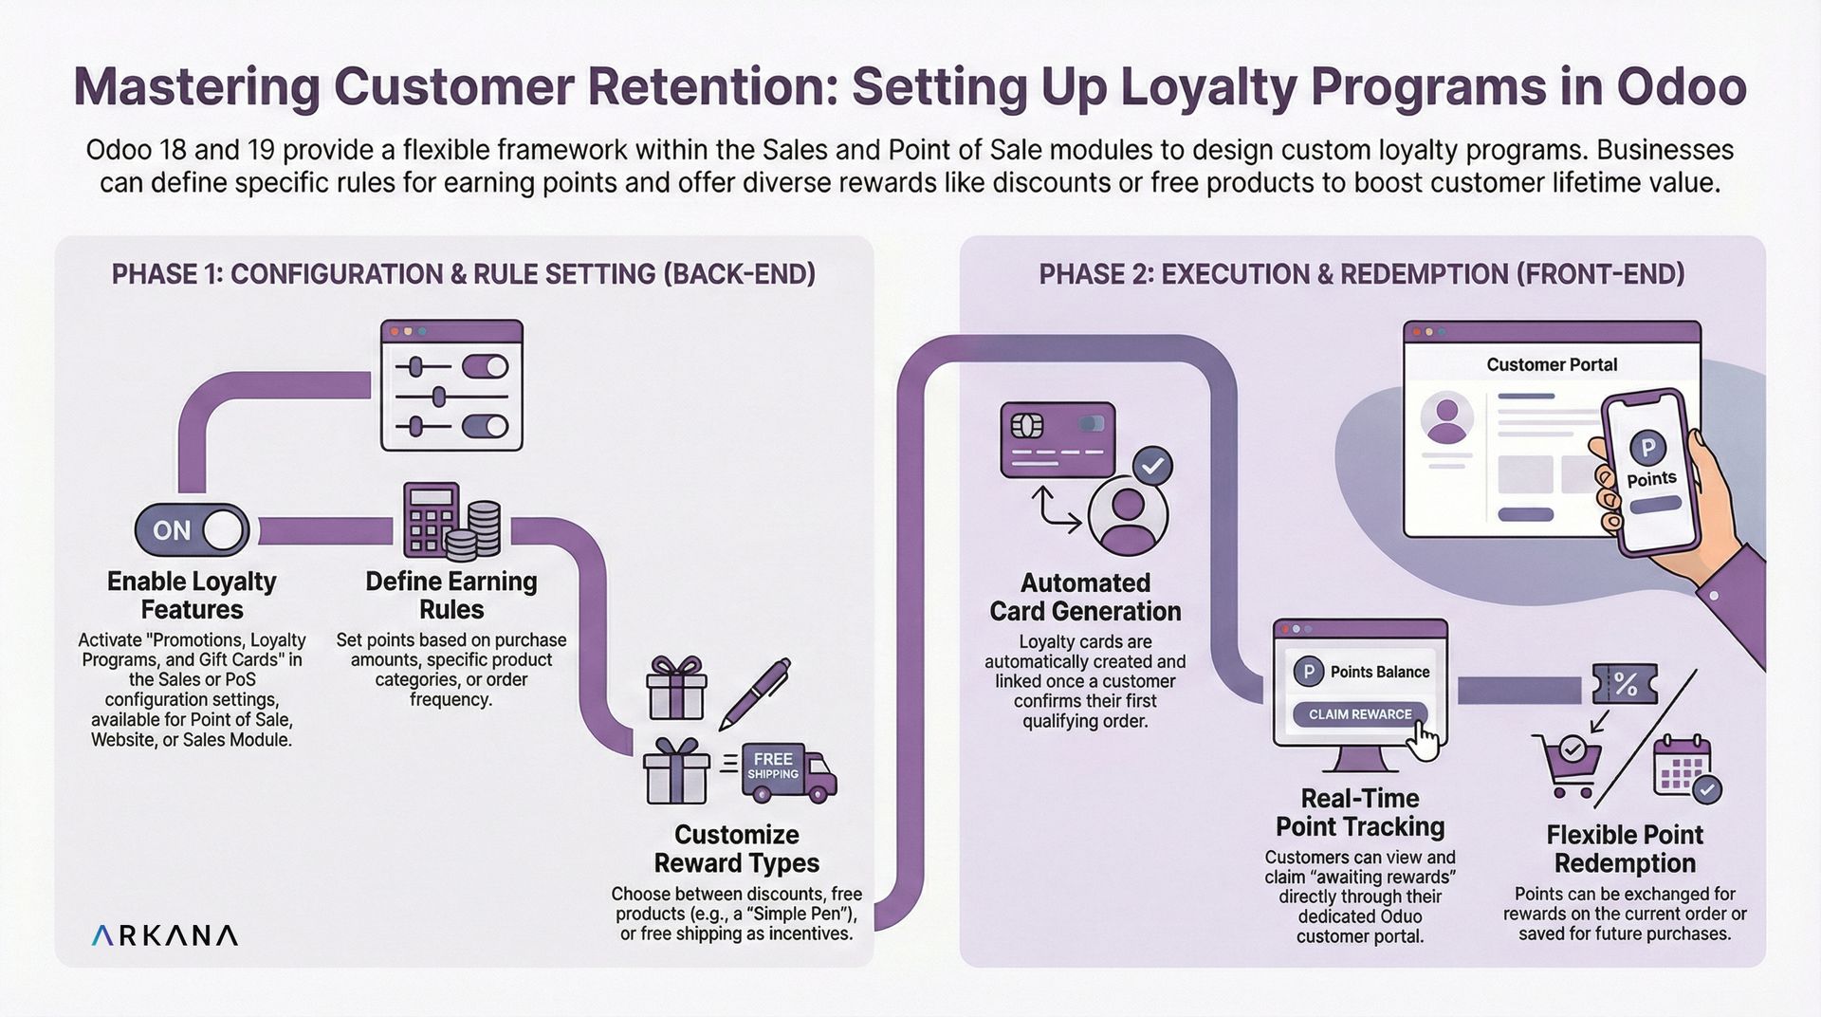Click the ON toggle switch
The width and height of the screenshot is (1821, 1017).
(x=192, y=530)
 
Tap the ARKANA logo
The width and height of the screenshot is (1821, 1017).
(x=165, y=935)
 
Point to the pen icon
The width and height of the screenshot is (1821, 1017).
(x=755, y=693)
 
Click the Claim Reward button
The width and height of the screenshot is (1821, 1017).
(x=1360, y=714)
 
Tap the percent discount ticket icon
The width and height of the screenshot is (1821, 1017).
(x=1625, y=683)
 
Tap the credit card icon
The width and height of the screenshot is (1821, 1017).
(x=1058, y=439)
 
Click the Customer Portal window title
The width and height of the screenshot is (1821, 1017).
(x=1552, y=364)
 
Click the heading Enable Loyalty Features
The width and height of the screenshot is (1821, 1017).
(x=192, y=595)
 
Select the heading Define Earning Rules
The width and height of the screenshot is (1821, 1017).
(x=451, y=595)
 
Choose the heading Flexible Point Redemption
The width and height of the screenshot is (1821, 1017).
(x=1625, y=848)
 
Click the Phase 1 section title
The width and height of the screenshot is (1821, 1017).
(x=464, y=274)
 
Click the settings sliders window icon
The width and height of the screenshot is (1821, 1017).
(x=451, y=385)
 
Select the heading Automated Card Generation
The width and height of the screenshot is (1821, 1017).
(x=1085, y=597)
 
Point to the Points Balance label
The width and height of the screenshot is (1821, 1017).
(x=1379, y=672)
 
